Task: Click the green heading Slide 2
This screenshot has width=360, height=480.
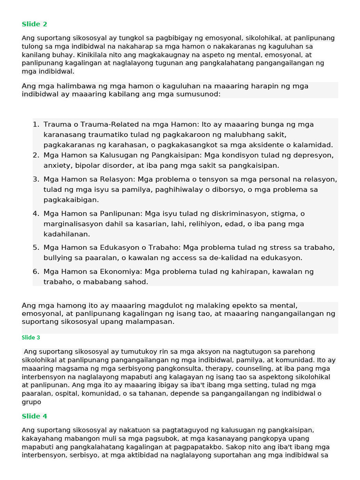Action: (x=34, y=24)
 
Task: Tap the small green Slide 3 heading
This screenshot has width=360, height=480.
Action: (x=31, y=337)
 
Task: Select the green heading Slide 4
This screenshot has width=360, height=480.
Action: (x=34, y=416)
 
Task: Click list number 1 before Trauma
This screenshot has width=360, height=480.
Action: (x=36, y=125)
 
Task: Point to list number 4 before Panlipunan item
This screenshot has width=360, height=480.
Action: (x=36, y=214)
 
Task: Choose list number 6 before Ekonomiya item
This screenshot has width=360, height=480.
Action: (x=36, y=272)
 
